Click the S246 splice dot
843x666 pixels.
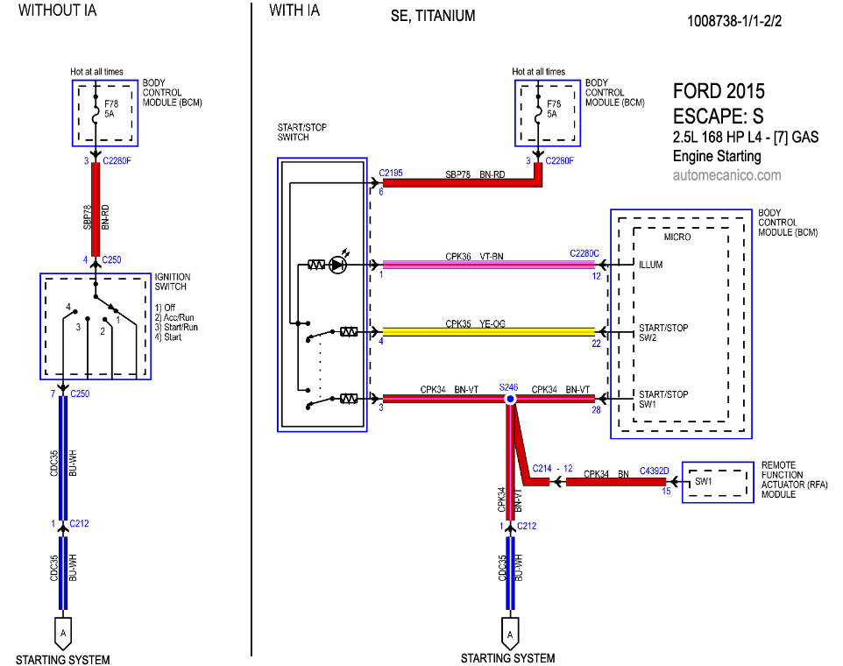coord(509,399)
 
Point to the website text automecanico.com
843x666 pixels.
coord(726,174)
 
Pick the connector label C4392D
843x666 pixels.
coord(655,470)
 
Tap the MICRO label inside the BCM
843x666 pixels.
coord(677,237)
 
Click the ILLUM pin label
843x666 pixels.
coord(650,265)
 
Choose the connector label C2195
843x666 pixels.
coord(391,174)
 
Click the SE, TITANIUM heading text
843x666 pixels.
coord(433,16)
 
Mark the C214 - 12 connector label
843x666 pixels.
coord(552,470)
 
